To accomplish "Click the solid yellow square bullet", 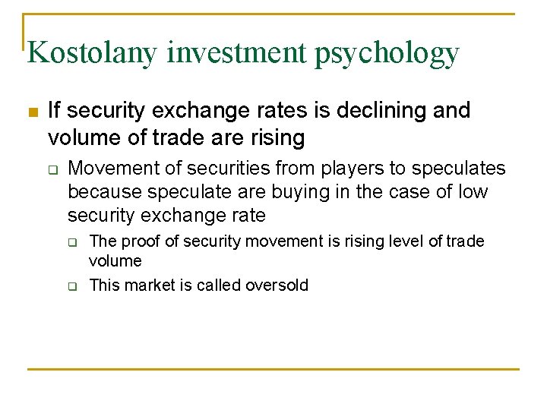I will click(x=32, y=113).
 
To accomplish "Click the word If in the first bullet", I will click(x=55, y=111).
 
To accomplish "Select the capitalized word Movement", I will click(x=109, y=168).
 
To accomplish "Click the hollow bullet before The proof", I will click(x=72, y=243).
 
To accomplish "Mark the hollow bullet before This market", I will click(x=72, y=286).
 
